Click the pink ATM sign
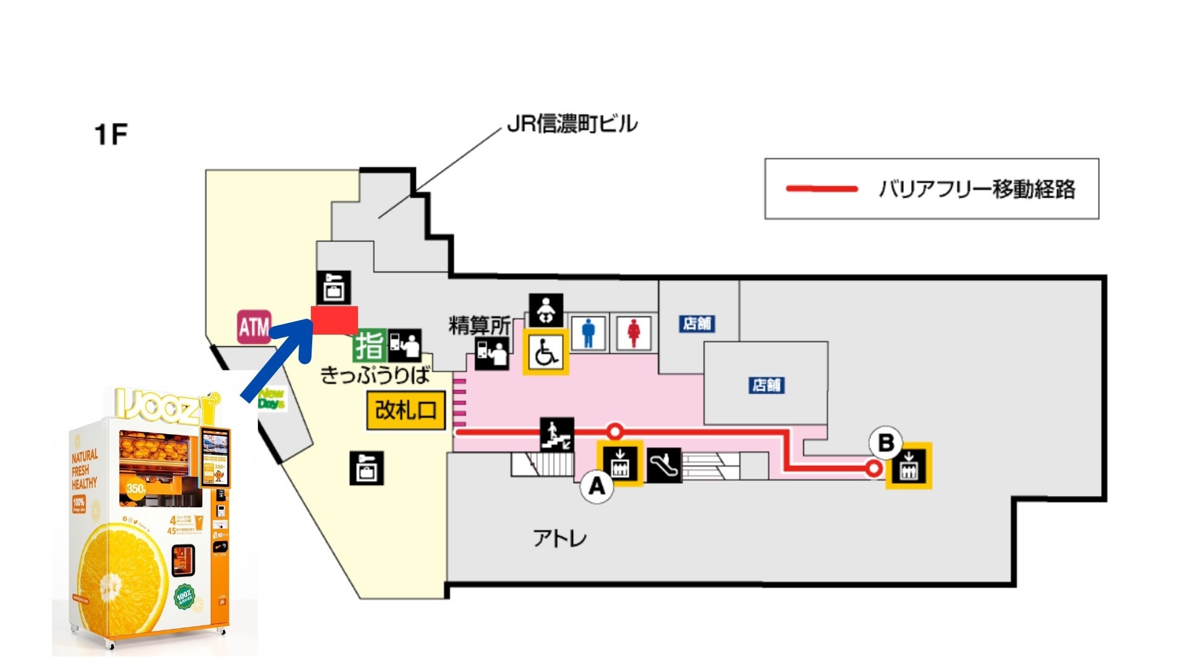(x=254, y=327)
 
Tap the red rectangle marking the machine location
(x=334, y=320)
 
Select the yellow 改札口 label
(x=406, y=409)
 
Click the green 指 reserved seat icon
(x=369, y=345)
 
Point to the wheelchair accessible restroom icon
(x=546, y=351)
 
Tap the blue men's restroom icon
(x=589, y=333)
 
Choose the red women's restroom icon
(x=633, y=333)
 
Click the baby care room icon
(x=546, y=310)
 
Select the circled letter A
(x=597, y=486)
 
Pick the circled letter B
(x=886, y=443)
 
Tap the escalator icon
(x=665, y=465)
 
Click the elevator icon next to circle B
(x=908, y=466)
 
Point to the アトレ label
(x=559, y=538)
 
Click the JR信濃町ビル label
(x=571, y=124)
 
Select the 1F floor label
(x=111, y=134)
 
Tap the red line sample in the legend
(x=822, y=189)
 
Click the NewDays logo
(x=271, y=399)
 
